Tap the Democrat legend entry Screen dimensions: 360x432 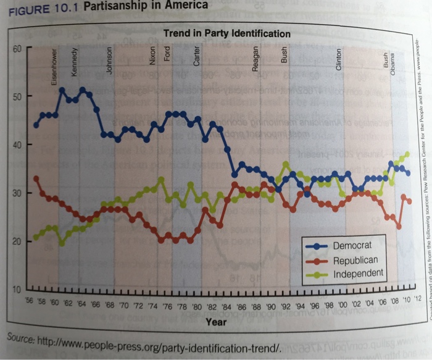pyautogui.click(x=352, y=245)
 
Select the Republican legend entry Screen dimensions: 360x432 pyautogui.click(x=355, y=259)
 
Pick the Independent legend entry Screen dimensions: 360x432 pyautogui.click(x=358, y=273)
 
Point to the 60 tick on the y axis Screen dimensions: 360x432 pyautogui.click(x=17, y=49)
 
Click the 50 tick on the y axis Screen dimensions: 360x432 pyautogui.click(x=17, y=98)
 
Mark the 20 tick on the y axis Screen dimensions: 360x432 pyautogui.click(x=17, y=241)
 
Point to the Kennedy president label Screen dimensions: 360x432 pyautogui.click(x=75, y=62)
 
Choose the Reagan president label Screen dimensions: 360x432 pyautogui.click(x=255, y=60)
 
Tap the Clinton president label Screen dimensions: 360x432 pyautogui.click(x=338, y=60)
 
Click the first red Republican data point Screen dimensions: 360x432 pyautogui.click(x=36, y=178)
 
